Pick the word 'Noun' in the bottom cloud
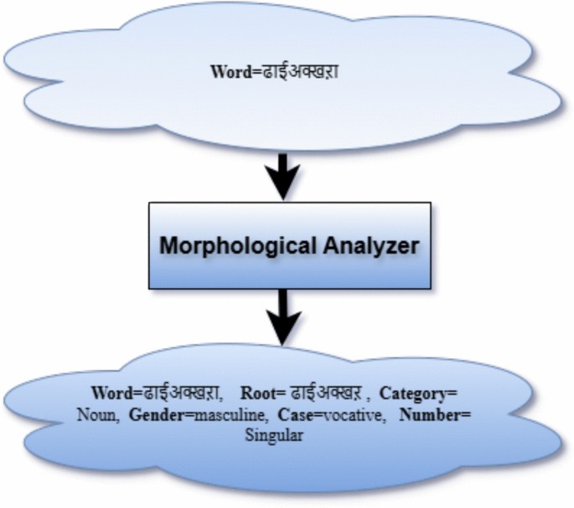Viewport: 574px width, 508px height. pyautogui.click(x=96, y=415)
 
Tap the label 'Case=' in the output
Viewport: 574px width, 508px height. pyautogui.click(x=289, y=415)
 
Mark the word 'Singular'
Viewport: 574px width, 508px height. pyautogui.click(x=272, y=437)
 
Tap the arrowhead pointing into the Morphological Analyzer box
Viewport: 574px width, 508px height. pyautogui.click(x=283, y=187)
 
